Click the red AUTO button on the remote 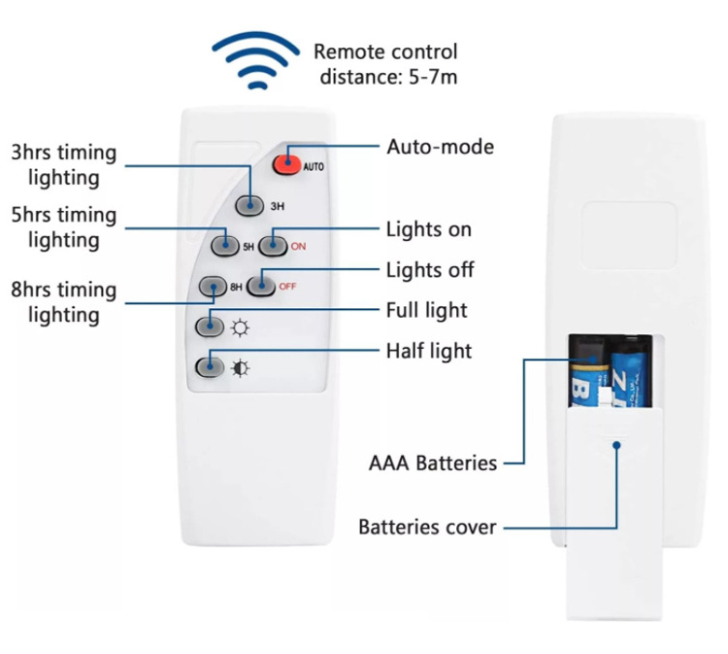285,165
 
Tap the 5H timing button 224,246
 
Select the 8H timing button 212,286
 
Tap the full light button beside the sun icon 208,326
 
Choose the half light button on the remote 208,367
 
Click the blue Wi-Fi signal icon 256,60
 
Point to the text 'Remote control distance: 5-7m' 384,63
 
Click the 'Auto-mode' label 440,147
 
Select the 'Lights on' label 428,229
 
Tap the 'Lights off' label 430,269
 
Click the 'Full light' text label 426,310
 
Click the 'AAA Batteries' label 432,463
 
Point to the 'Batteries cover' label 427,528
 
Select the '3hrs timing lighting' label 64,165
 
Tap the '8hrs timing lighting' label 64,302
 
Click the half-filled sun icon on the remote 239,368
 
